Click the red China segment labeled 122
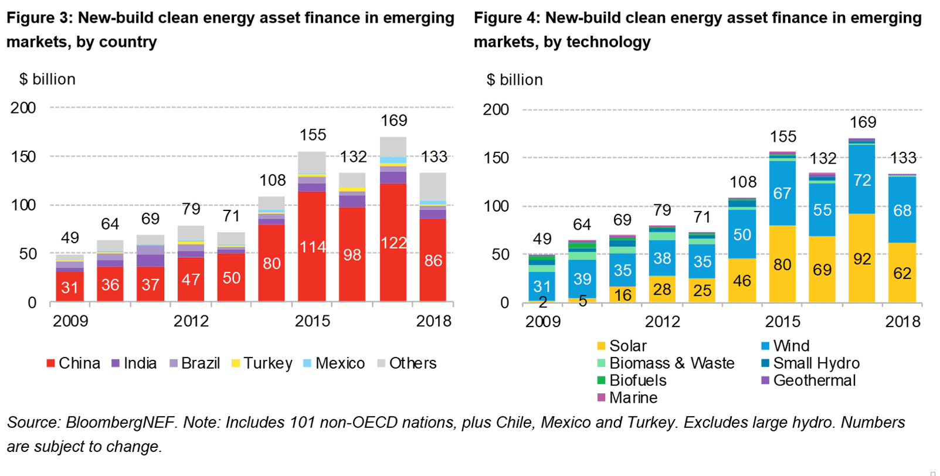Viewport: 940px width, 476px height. [393, 243]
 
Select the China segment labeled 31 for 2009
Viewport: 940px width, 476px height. [70, 287]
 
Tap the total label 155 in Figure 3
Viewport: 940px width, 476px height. [313, 135]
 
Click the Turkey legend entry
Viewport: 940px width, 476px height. [262, 363]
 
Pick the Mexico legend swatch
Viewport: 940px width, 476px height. [307, 363]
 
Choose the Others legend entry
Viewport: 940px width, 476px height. [406, 363]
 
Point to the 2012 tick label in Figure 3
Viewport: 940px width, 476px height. [191, 321]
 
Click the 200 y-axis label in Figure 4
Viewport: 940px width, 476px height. [496, 110]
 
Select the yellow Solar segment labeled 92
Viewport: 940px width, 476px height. [861, 259]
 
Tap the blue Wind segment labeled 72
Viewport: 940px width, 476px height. [861, 180]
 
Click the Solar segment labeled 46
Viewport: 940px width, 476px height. [742, 281]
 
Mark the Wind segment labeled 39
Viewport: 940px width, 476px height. [582, 279]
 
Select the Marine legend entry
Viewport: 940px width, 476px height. [627, 398]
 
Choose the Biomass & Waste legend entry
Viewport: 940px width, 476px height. [665, 363]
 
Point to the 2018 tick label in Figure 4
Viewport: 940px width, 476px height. [902, 322]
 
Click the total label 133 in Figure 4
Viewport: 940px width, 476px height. [902, 158]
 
